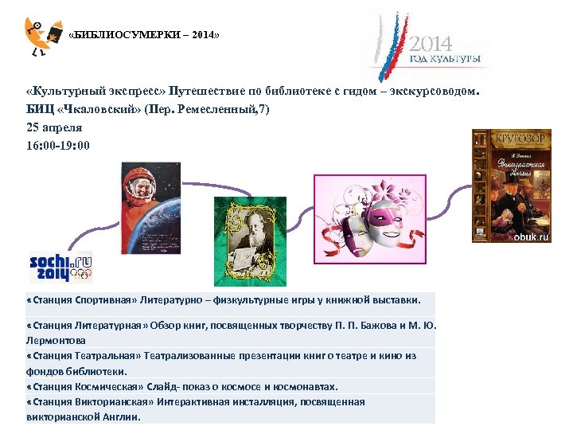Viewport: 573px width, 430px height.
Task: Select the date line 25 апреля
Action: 54,127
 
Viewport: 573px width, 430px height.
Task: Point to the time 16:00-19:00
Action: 58,145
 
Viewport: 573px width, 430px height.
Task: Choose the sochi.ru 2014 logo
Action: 60,267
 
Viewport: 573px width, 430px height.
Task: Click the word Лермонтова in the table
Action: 55,339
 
